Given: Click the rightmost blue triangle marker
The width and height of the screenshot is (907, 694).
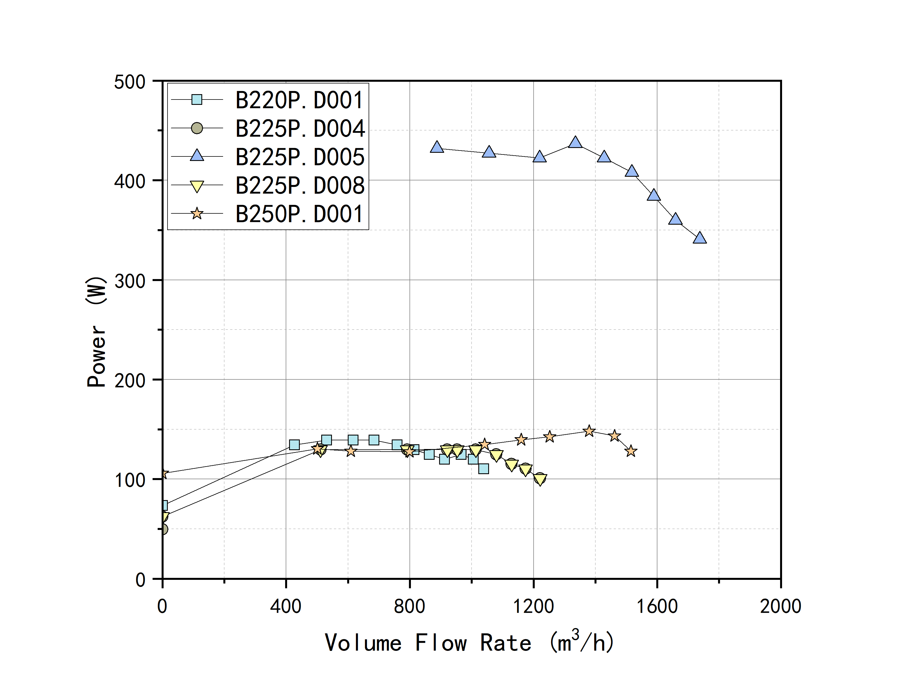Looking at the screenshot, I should tap(699, 238).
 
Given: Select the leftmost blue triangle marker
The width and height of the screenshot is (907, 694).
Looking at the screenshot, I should tap(437, 147).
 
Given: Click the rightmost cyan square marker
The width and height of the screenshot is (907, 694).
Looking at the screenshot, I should tap(483, 468).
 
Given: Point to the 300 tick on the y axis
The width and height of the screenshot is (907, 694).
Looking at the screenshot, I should tap(130, 281).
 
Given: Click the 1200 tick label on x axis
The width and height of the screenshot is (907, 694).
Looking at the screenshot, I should tap(533, 606).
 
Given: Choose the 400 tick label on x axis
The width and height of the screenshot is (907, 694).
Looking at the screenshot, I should tap(285, 606).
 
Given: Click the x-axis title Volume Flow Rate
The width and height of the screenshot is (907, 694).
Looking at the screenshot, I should tap(469, 642).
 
